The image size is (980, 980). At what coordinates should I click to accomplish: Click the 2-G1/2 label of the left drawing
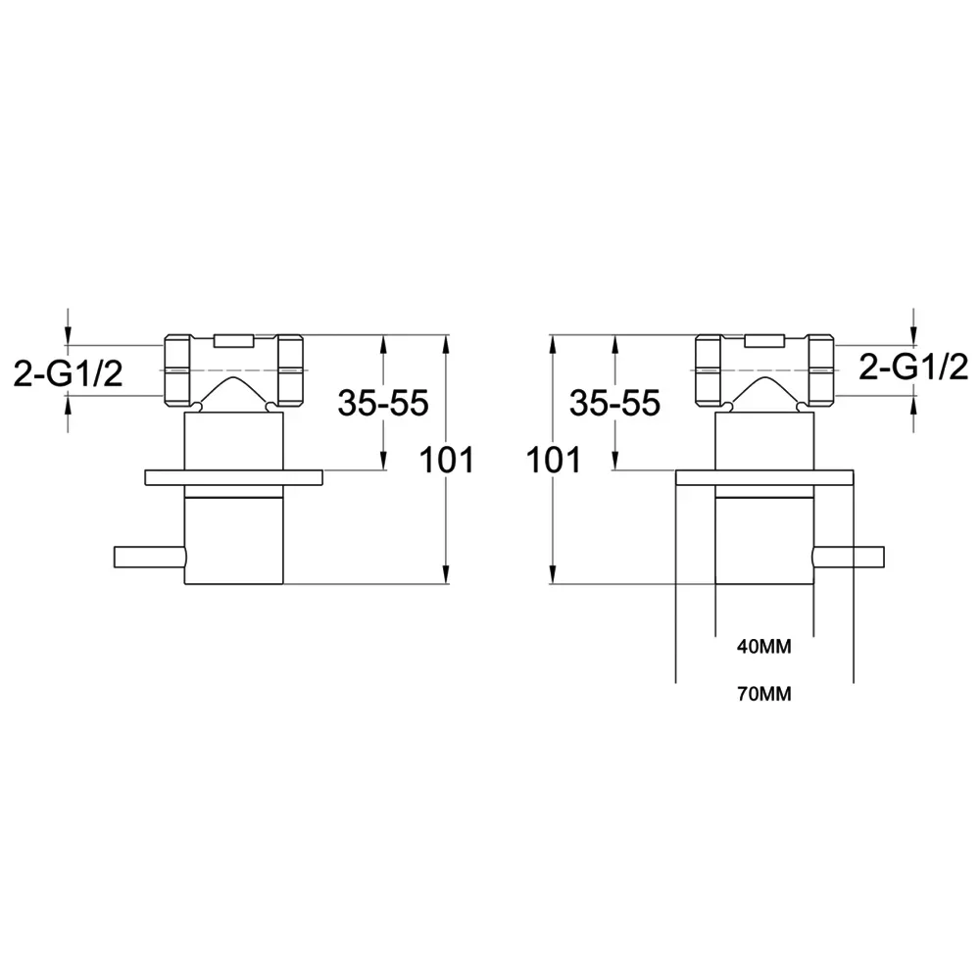point(69,375)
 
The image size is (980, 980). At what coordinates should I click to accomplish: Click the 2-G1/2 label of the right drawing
point(913,367)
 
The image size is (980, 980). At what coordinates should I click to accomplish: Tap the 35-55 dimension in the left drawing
point(383,403)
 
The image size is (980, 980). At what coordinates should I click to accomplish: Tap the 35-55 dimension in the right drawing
point(615,403)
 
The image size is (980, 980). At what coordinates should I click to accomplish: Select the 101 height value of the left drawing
point(447,460)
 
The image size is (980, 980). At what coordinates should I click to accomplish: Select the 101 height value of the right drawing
point(554,460)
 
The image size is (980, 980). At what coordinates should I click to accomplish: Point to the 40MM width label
point(763,647)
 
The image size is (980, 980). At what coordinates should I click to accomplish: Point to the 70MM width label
point(763,694)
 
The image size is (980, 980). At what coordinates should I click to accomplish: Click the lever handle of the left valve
point(149,557)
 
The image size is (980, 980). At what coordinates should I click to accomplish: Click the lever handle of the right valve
point(848,557)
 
